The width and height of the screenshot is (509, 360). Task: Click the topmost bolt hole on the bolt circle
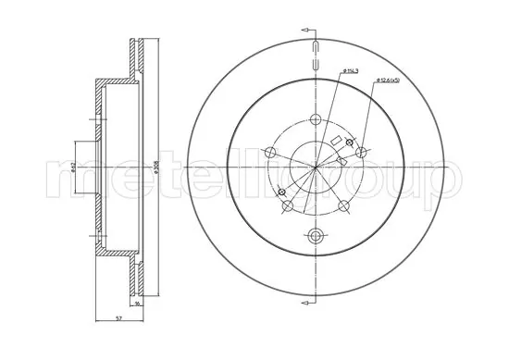(317, 118)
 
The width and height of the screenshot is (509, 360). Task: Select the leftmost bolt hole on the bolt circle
(270, 154)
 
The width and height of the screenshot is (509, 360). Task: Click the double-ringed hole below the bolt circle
(317, 234)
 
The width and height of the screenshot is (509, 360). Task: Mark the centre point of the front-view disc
(317, 167)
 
